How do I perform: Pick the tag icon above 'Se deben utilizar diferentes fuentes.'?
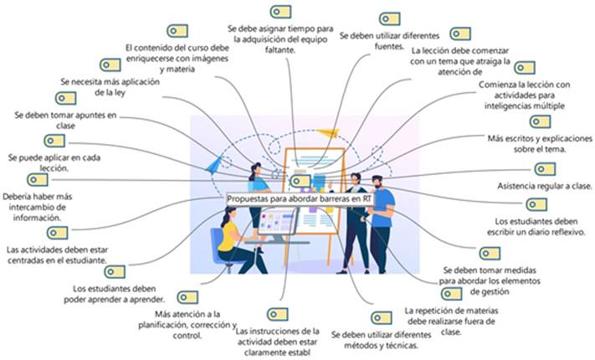pyautogui.click(x=389, y=18)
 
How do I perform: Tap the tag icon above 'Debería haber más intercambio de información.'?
pyautogui.click(x=37, y=179)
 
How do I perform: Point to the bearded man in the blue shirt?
pyautogui.click(x=381, y=209)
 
